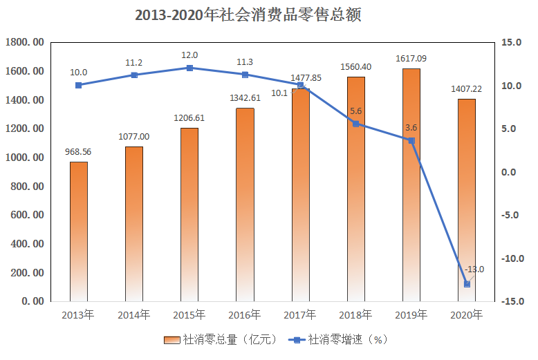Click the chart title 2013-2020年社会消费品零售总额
pyautogui.click(x=248, y=15)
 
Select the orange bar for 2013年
pyautogui.click(x=78, y=231)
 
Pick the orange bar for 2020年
pyautogui.click(x=467, y=200)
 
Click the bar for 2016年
pyautogui.click(x=245, y=205)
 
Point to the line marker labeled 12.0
pyautogui.click(x=189, y=68)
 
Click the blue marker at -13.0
pyautogui.click(x=467, y=284)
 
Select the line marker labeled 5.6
pyautogui.click(x=356, y=124)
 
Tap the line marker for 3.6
pyautogui.click(x=411, y=140)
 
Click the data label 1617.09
pyautogui.click(x=411, y=59)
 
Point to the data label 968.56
pyautogui.click(x=78, y=152)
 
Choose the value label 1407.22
pyautogui.click(x=467, y=89)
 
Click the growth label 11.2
pyautogui.click(x=134, y=63)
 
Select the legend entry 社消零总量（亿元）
pyautogui.click(x=221, y=339)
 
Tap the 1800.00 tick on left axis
pyautogui.click(x=24, y=43)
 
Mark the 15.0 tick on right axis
pyautogui.click(x=512, y=43)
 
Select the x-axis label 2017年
pyautogui.click(x=300, y=315)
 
